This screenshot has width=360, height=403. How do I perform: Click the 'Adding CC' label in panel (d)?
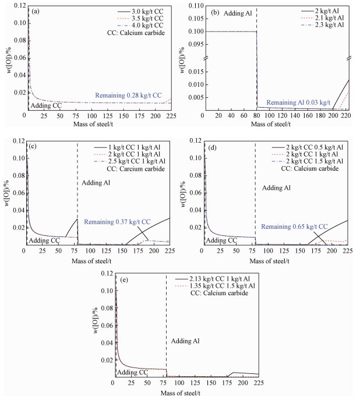click(222, 240)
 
